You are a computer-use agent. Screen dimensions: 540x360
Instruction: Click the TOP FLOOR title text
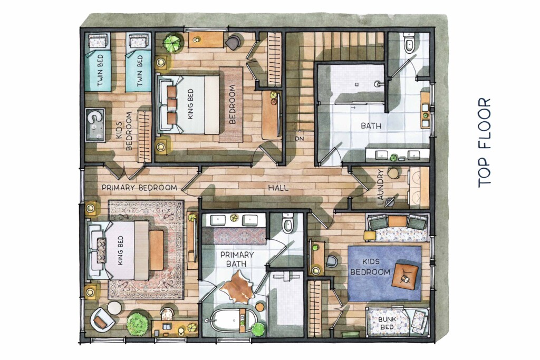484,143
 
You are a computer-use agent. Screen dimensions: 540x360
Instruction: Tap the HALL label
278,188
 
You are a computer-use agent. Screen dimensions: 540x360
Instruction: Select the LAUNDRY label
380,188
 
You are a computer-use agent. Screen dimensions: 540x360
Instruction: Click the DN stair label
300,139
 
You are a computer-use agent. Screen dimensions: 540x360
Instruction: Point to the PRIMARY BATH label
237,259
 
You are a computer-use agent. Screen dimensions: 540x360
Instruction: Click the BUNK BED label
387,323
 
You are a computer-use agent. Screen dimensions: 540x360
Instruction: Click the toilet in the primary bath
287,223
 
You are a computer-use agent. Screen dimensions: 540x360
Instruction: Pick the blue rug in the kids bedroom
384,273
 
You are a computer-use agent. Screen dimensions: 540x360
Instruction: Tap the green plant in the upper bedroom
172,43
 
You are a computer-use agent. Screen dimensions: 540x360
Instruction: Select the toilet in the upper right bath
409,42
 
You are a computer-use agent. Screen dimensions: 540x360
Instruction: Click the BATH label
371,125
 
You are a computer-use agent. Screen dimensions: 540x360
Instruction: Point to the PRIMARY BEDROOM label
139,188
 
